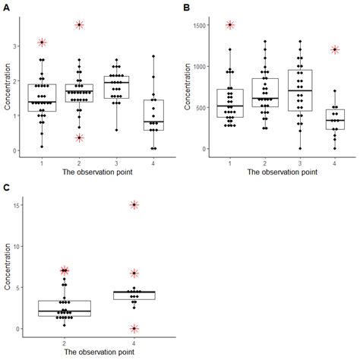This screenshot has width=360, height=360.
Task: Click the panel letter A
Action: click(x=6, y=7)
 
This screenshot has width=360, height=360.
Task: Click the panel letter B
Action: click(x=188, y=7)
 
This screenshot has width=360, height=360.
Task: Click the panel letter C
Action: click(x=6, y=188)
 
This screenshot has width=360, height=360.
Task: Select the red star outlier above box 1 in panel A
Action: click(x=42, y=43)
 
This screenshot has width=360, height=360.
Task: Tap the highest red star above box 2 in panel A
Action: click(x=80, y=25)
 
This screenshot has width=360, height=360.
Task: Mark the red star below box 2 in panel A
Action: click(x=80, y=137)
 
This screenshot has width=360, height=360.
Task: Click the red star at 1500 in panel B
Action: click(x=230, y=25)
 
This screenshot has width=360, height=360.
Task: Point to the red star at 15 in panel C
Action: click(x=134, y=205)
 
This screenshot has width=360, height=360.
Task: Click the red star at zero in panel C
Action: click(x=134, y=329)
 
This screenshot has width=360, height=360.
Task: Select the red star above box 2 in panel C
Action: click(x=65, y=270)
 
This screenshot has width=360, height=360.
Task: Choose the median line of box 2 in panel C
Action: click(x=65, y=311)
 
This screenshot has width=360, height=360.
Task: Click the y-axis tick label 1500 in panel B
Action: click(x=201, y=25)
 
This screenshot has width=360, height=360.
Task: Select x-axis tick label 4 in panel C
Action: click(x=134, y=343)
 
